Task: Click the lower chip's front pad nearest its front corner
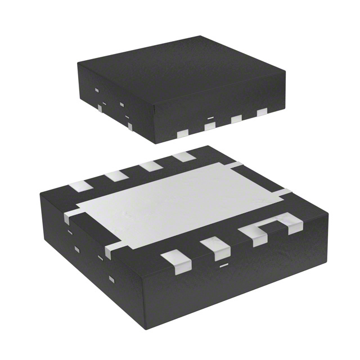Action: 173,260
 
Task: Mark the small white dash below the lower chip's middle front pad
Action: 223,263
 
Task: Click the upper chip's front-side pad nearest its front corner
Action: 182,133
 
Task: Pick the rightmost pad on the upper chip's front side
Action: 262,112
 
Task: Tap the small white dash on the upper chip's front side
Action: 210,117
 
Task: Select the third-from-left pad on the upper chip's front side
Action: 236,119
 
